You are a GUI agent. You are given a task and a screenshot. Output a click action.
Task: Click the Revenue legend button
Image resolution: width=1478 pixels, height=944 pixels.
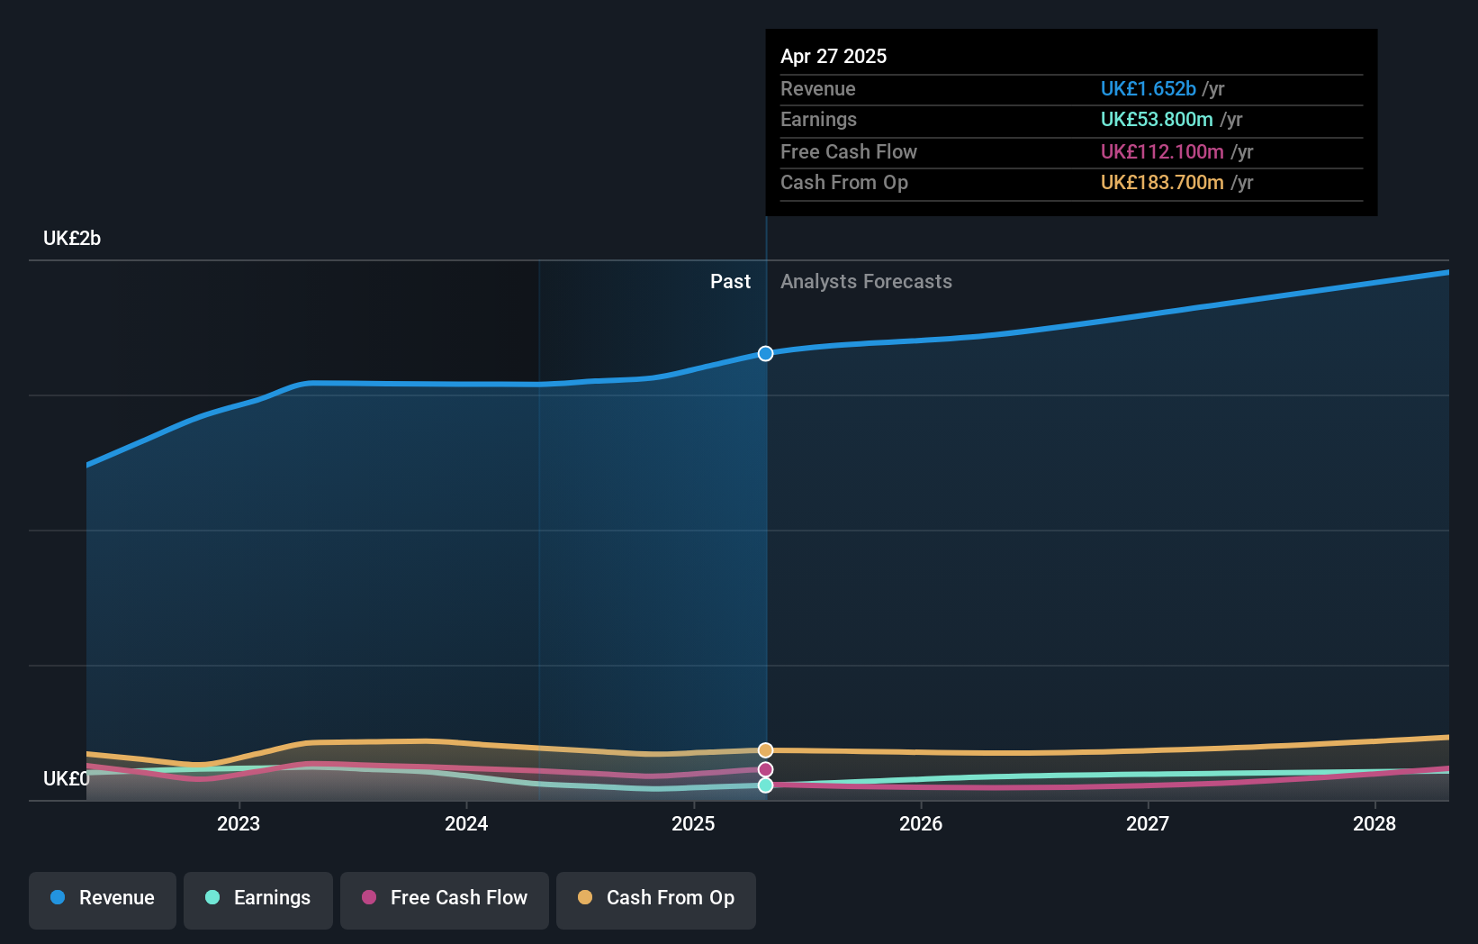coord(103,899)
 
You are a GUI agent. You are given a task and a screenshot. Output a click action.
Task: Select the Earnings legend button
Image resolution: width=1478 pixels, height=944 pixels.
coord(258,899)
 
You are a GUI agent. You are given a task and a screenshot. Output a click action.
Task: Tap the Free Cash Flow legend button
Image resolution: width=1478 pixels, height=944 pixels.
coord(445,899)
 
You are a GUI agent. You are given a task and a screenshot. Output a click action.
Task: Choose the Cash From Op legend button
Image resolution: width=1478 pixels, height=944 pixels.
coord(656,899)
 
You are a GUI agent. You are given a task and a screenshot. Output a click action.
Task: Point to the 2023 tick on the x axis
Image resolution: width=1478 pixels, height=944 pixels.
coord(239,823)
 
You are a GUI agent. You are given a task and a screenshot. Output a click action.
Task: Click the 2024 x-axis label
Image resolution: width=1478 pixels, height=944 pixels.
coord(466,823)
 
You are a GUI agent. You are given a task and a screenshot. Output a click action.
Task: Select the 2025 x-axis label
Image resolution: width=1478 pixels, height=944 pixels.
coord(693,823)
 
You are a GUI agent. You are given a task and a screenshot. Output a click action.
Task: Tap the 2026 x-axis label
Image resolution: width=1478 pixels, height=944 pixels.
coord(921,823)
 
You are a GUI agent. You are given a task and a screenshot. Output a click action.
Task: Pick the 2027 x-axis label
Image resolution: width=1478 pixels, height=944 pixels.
coord(1148,823)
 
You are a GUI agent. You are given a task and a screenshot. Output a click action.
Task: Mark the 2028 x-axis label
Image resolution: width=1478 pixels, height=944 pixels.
coord(1374,823)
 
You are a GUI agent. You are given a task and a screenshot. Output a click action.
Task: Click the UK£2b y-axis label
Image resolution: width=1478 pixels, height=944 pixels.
coord(72,239)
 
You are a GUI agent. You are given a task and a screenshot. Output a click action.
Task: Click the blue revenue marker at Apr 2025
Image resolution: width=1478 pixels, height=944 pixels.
coord(765,354)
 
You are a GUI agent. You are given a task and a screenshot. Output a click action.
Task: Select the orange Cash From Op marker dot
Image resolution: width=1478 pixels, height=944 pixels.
coord(765,750)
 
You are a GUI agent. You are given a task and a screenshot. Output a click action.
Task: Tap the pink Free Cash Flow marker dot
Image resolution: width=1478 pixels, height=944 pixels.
coord(765,769)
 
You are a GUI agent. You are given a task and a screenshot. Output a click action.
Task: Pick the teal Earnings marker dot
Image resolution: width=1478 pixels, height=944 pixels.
coord(765,785)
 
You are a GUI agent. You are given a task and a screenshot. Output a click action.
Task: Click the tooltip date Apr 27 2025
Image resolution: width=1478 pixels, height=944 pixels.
coord(834,56)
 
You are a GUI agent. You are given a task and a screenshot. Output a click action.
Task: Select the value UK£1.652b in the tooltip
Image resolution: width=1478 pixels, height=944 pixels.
coord(1148,88)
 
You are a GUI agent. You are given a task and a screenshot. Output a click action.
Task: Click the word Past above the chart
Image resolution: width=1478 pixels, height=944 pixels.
coord(730,282)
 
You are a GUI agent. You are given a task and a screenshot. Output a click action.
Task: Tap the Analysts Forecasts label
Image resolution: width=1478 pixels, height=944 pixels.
coord(866,282)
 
